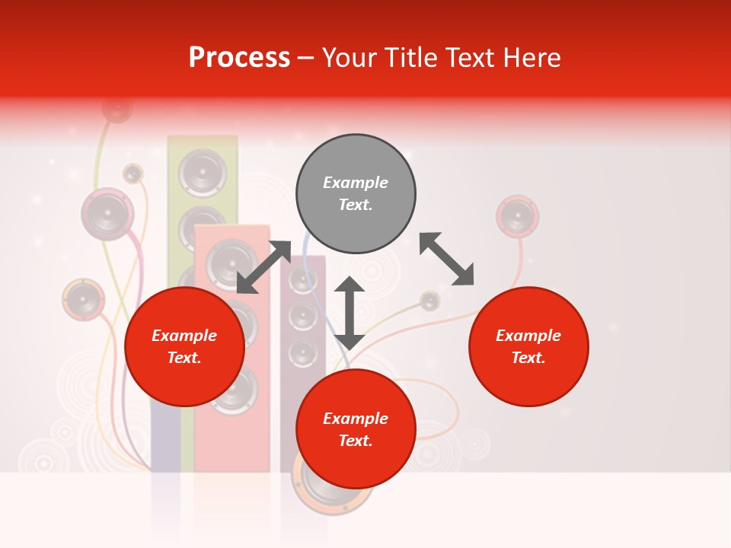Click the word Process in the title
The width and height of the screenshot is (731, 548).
coord(239,58)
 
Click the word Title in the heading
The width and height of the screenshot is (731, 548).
coord(412,58)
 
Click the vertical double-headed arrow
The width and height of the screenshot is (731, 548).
coord(350,313)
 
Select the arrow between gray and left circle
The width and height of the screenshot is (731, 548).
coord(263,267)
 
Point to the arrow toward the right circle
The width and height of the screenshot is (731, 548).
coord(446,260)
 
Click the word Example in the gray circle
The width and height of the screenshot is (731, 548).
coord(356,183)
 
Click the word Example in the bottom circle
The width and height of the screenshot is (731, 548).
coord(356,419)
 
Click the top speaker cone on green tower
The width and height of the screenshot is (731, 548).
coord(202,172)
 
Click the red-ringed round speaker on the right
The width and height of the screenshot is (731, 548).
coord(518,217)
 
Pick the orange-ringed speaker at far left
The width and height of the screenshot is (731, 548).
coord(83,299)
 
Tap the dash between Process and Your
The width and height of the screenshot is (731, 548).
coord(306,58)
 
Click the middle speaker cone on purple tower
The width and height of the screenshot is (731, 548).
coord(303,316)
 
